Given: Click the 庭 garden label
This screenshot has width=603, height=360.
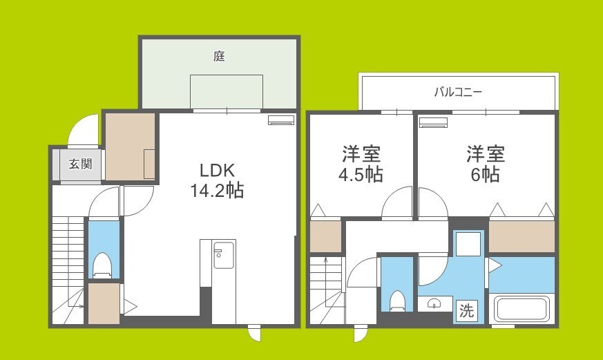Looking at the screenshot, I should coord(219,57).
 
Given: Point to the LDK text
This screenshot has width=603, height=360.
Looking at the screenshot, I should coord(218,170).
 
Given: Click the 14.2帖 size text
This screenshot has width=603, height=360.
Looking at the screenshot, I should coord(216,191).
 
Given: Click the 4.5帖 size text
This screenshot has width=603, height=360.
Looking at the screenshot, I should coord(361,175).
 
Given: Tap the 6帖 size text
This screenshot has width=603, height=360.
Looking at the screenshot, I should coord(485,175).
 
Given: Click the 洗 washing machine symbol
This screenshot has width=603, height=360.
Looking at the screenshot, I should coord(468,310).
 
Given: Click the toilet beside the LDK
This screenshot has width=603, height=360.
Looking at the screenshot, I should coord(102,265).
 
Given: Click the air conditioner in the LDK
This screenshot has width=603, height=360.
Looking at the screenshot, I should coord(280,120).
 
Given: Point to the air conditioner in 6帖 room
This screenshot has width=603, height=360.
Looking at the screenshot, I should coord(434,123).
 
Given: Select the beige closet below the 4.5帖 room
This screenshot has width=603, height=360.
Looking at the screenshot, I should coord(325,236).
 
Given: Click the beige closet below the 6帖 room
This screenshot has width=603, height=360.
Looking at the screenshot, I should coord(521,236).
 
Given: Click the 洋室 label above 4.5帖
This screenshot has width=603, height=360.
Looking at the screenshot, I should coord(361,153).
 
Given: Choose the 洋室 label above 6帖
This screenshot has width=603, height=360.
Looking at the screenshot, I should coord(485,153).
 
